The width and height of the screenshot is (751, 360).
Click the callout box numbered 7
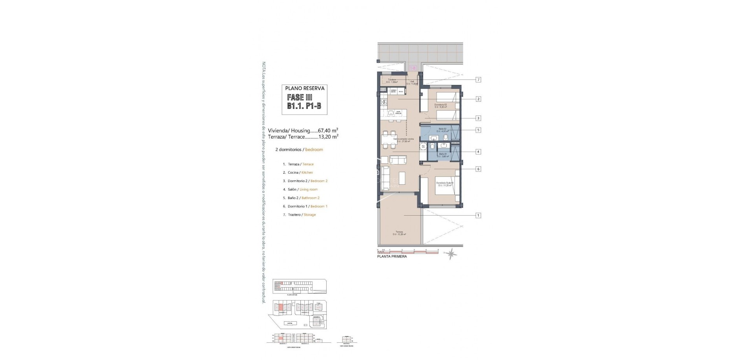tap(478, 80)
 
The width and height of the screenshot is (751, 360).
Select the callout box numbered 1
tap(478, 215)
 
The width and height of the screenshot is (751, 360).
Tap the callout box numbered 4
tap(478, 152)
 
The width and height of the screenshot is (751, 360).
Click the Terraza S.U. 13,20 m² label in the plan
tap(399, 233)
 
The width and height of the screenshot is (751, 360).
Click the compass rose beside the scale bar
tap(451, 255)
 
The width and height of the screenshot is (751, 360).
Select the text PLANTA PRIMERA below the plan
tap(392, 257)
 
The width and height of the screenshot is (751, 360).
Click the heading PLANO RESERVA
tap(305, 88)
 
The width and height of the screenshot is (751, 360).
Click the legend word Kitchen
tap(307, 173)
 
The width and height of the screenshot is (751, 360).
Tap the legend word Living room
tap(309, 189)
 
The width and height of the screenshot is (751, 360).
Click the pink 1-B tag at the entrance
tap(411, 68)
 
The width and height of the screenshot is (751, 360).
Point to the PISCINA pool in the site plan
tap(289, 324)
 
